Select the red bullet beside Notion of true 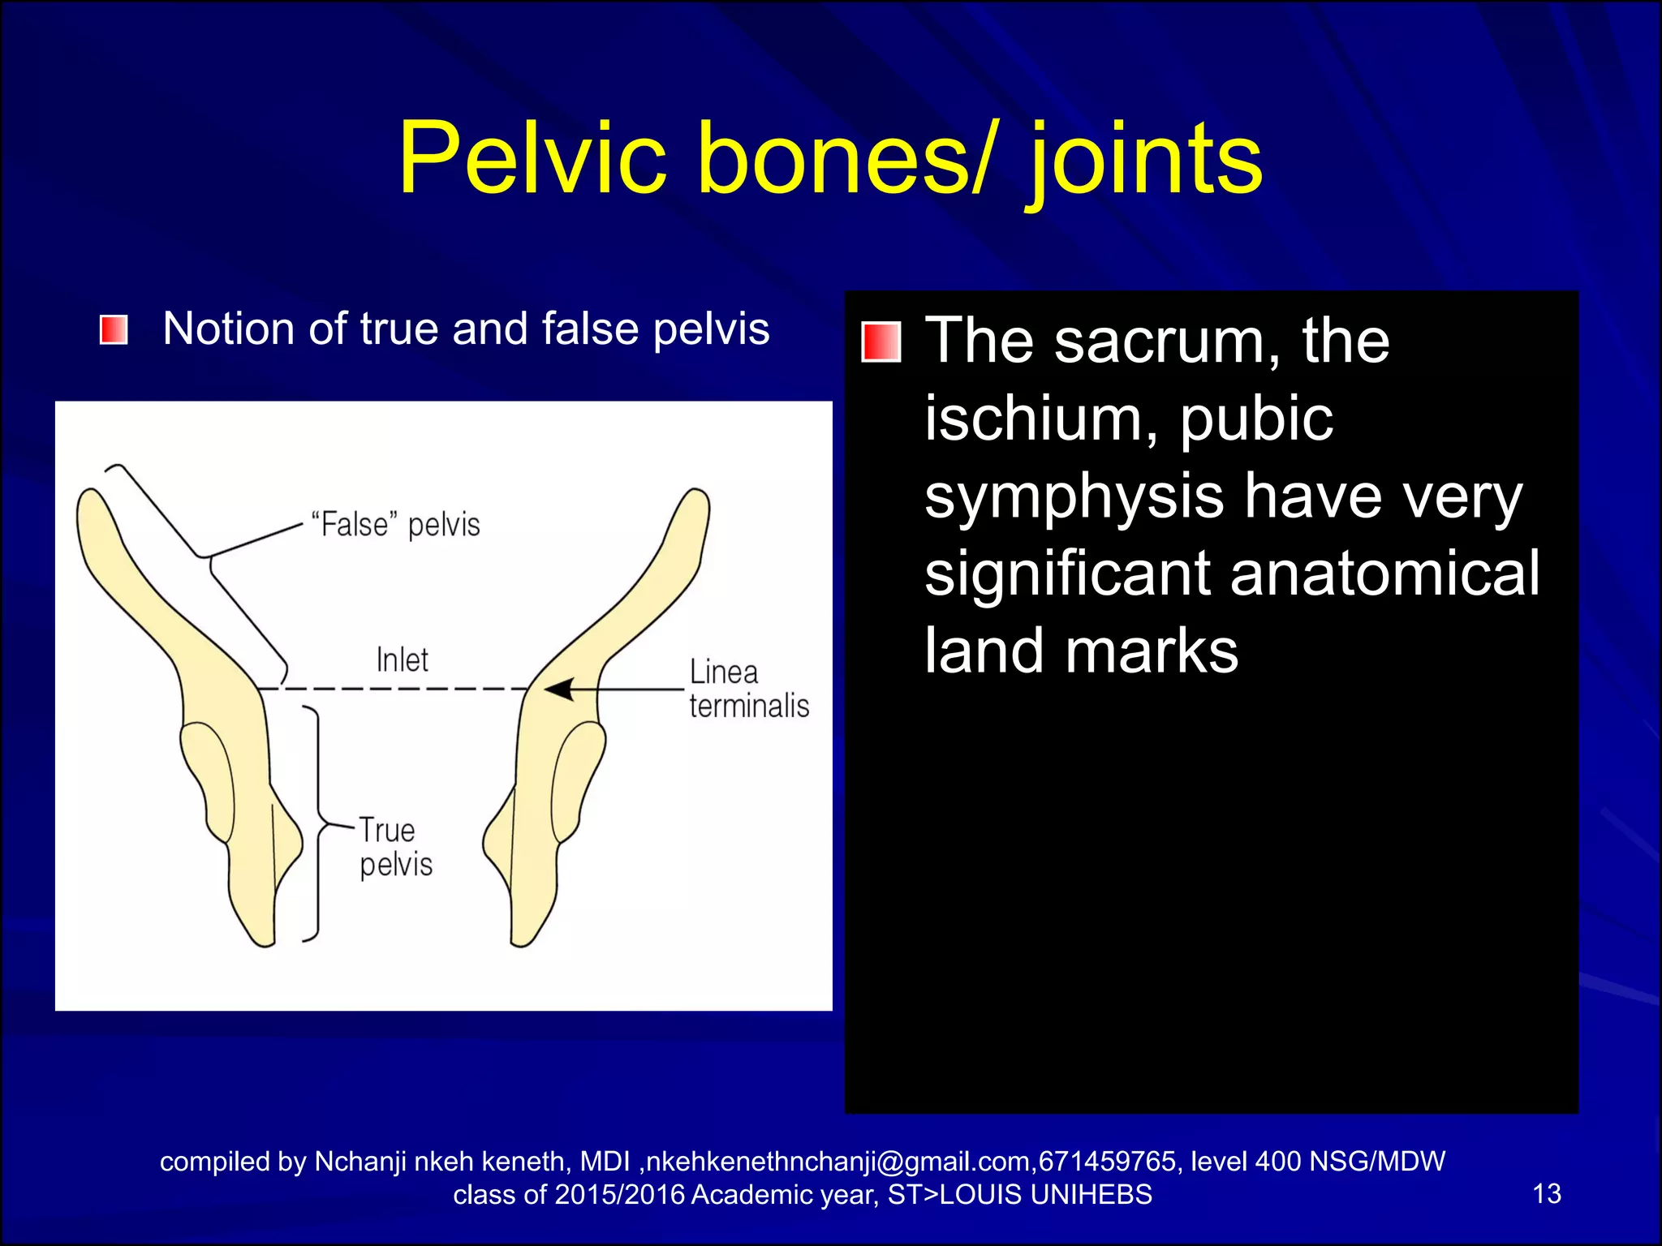click(x=114, y=330)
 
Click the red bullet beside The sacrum click(x=881, y=342)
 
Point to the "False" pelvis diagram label click(x=396, y=525)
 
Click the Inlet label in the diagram click(x=402, y=660)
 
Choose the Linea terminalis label click(x=748, y=690)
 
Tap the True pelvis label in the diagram click(x=395, y=847)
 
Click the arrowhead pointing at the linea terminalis click(x=558, y=690)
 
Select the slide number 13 click(x=1546, y=1193)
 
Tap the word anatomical click(x=1384, y=574)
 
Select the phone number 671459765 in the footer click(x=1107, y=1162)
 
